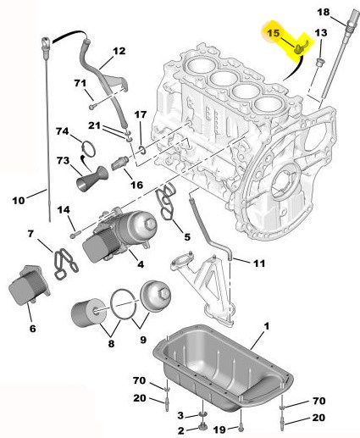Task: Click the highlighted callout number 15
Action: click(x=273, y=33)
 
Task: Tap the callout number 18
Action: click(x=324, y=13)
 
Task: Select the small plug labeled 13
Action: click(x=320, y=62)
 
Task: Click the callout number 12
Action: click(x=119, y=51)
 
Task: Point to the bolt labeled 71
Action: click(x=92, y=107)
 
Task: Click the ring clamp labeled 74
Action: click(x=88, y=149)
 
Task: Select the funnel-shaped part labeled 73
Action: click(x=92, y=179)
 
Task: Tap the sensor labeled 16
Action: click(x=120, y=164)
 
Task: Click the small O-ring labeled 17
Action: click(x=142, y=150)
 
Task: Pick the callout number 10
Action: click(x=19, y=201)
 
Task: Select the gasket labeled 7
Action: click(x=65, y=264)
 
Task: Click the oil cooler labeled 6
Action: click(x=29, y=286)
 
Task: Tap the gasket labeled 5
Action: click(x=168, y=201)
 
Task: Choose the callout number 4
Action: click(x=141, y=264)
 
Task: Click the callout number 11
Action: click(x=259, y=263)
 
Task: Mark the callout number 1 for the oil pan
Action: click(x=267, y=326)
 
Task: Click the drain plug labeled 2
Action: click(x=202, y=429)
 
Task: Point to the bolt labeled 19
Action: click(x=241, y=428)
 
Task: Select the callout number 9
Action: click(x=143, y=340)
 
